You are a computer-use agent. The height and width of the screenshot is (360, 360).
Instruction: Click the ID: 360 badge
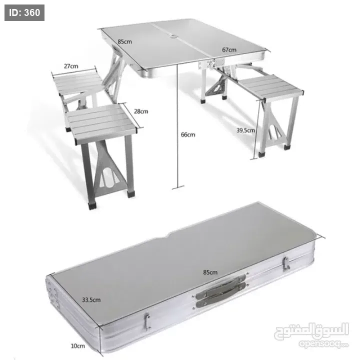(x=24, y=12)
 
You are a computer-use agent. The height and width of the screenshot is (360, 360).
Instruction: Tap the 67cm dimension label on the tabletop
(x=229, y=49)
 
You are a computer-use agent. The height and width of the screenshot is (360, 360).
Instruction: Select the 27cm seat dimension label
(x=71, y=66)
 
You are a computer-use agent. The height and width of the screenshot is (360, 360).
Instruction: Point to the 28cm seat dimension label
(x=141, y=111)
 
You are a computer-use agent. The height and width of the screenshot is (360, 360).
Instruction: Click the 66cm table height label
(x=188, y=134)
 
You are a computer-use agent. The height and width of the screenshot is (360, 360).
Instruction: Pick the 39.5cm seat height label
(x=245, y=130)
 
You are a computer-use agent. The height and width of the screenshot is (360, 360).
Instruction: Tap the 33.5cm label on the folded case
(x=91, y=300)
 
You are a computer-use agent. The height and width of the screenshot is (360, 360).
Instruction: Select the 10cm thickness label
(x=78, y=346)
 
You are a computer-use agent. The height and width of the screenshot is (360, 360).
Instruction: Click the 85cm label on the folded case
(x=210, y=272)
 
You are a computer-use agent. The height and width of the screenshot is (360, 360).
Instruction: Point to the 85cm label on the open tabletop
(x=124, y=42)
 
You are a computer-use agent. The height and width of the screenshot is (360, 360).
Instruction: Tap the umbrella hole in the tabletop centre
(x=174, y=36)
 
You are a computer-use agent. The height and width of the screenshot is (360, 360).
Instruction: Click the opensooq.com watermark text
(x=323, y=344)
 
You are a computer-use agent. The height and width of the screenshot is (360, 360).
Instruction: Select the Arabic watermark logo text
(x=311, y=330)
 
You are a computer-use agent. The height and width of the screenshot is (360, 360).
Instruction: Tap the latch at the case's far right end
(x=286, y=263)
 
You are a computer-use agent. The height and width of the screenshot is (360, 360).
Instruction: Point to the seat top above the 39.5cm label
(x=270, y=86)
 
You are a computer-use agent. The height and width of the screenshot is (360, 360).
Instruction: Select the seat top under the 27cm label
(x=78, y=82)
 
